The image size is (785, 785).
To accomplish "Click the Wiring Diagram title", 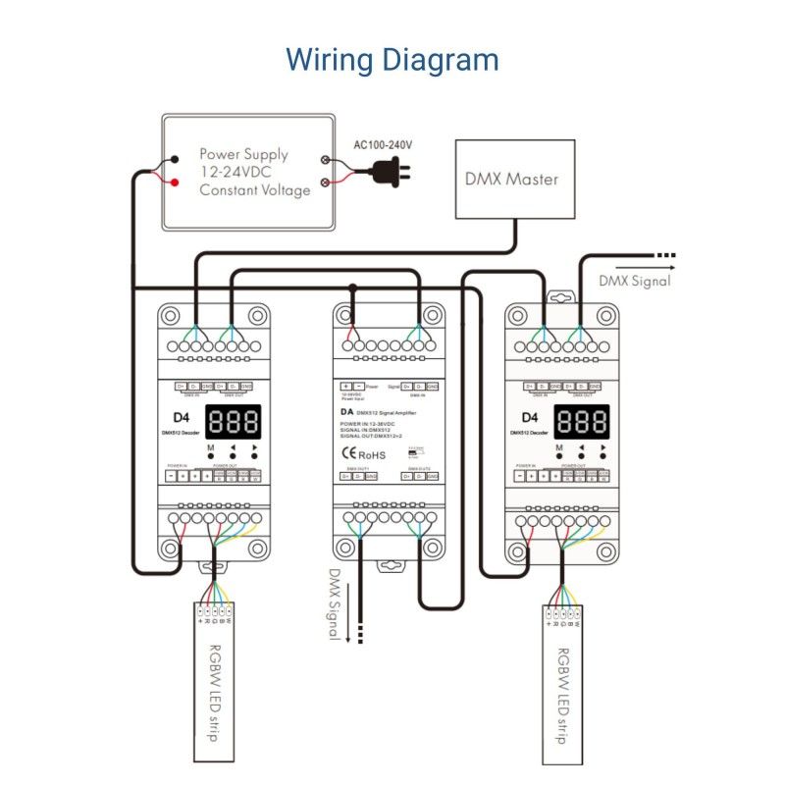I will point(392,59).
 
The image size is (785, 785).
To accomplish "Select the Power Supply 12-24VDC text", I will point(243,163).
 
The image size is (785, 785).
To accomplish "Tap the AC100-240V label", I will point(383,145).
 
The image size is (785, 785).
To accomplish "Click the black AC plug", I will point(390,173).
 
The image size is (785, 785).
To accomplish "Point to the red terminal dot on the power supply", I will point(175,183).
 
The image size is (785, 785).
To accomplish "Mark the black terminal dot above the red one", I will point(175,159).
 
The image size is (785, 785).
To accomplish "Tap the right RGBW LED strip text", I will point(563,695).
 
